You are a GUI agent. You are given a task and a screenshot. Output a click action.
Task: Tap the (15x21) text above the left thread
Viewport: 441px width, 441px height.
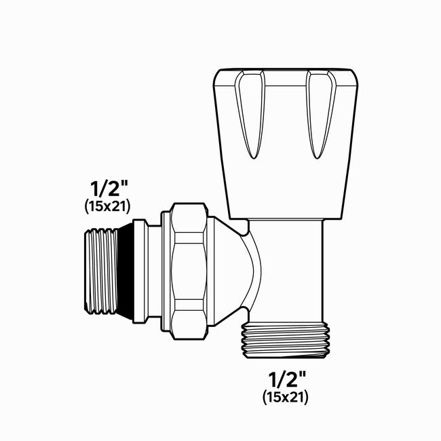[x=108, y=207]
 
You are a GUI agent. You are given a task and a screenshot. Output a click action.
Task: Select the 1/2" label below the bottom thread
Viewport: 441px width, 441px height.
[x=287, y=379]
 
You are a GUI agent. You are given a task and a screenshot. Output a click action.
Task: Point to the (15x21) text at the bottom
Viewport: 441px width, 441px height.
[x=286, y=398]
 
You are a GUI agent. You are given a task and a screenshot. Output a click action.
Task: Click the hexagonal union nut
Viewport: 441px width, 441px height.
[x=189, y=271]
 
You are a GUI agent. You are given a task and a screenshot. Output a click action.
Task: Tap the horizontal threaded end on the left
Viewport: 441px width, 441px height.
[x=101, y=271]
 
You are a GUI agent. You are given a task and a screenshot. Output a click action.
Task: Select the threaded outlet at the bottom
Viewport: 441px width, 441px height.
[x=285, y=340]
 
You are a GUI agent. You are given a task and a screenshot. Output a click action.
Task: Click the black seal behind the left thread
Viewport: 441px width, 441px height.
[x=125, y=271]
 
